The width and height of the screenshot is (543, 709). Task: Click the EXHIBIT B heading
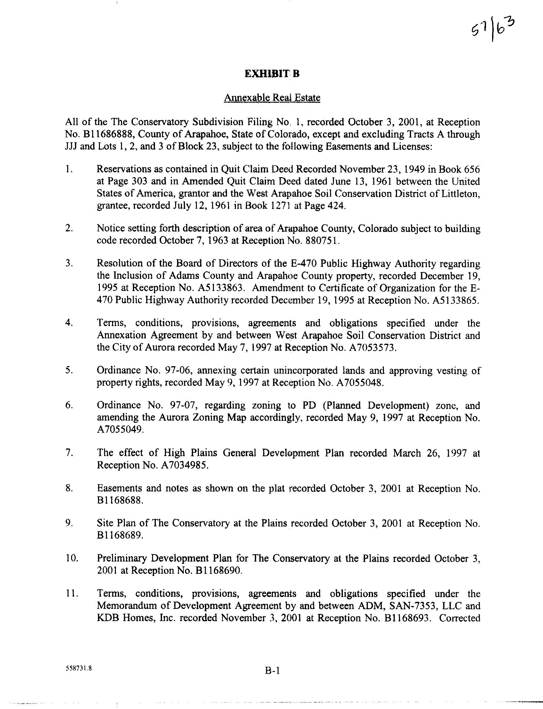[272, 74]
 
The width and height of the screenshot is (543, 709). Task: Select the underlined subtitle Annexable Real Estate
[272, 98]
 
